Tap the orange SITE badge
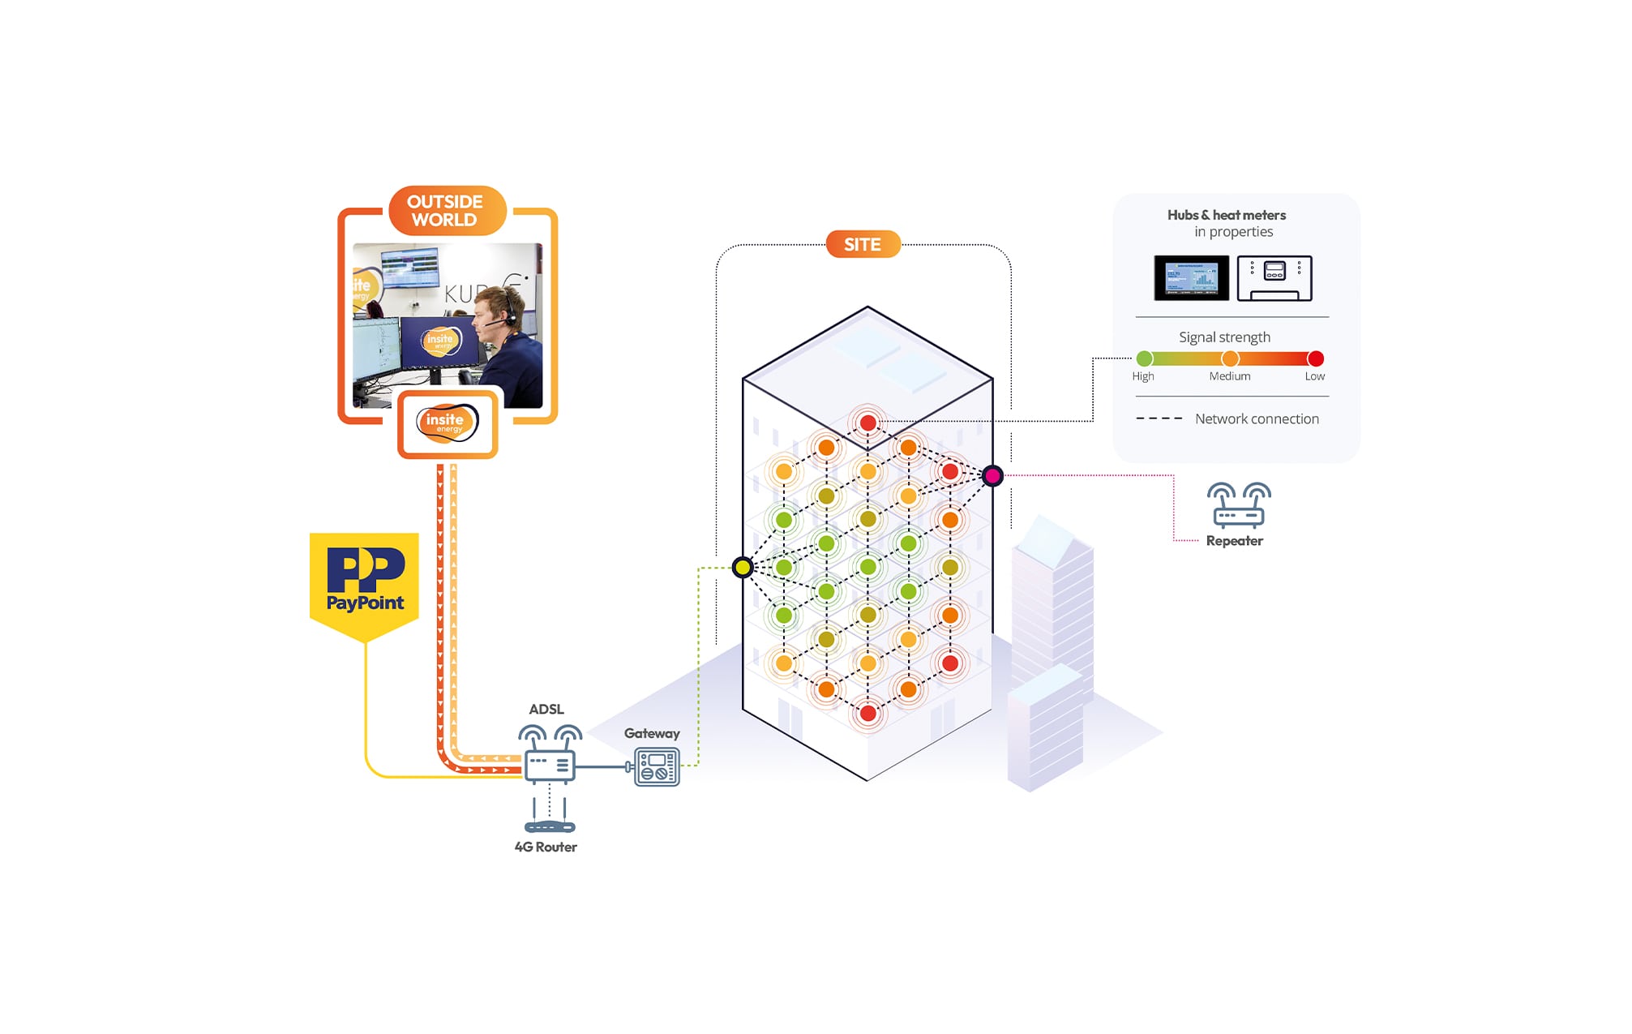[863, 244]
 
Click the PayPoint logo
[364, 581]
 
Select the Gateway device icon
[657, 766]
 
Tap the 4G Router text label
[546, 847]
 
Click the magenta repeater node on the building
[992, 476]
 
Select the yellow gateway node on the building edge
[743, 567]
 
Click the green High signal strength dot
[1144, 358]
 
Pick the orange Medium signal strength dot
[1230, 358]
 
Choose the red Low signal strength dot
[1315, 358]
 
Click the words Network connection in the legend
[1257, 418]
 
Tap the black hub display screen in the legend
[1191, 277]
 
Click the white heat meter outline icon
[1274, 277]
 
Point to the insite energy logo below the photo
[447, 423]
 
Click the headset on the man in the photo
[510, 314]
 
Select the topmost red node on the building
[867, 423]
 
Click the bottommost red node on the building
[867, 713]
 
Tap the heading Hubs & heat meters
[1226, 215]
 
